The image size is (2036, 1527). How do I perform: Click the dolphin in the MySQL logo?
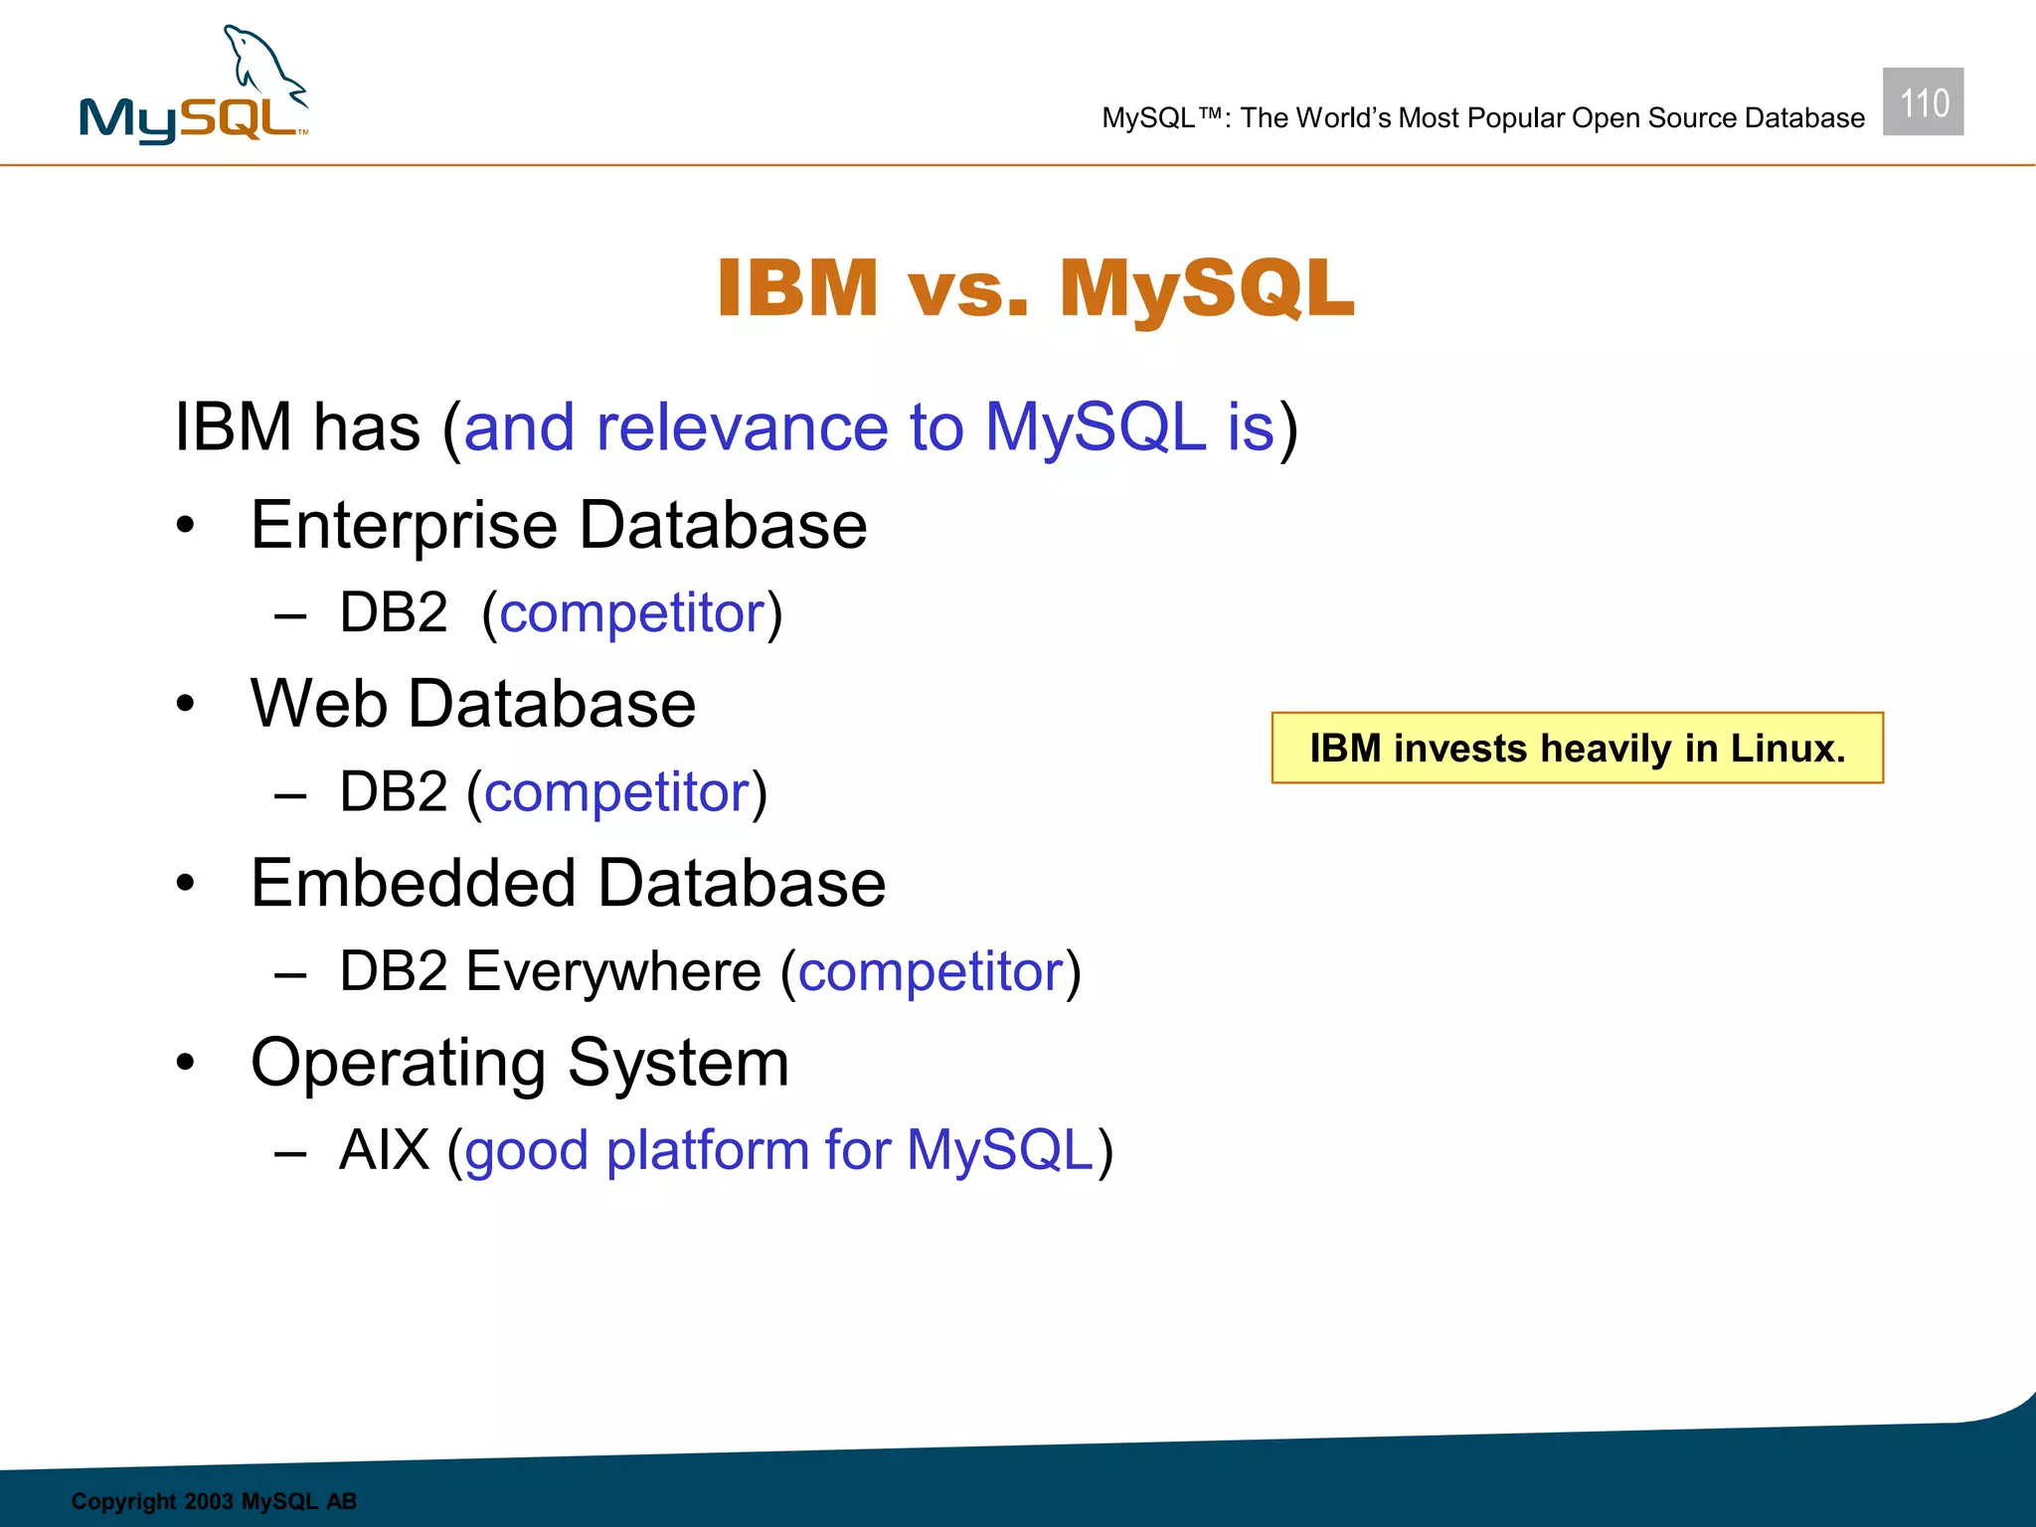tap(260, 64)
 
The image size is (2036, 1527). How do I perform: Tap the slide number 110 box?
tap(1923, 102)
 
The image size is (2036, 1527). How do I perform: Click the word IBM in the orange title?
tap(797, 288)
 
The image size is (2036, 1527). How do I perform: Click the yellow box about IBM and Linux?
tap(1577, 748)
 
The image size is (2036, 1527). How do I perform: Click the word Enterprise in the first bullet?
tap(403, 527)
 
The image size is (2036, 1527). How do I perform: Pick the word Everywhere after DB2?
tap(613, 972)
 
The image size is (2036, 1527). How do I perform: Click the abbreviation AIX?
tap(384, 1150)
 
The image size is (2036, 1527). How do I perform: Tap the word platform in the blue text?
tap(707, 1152)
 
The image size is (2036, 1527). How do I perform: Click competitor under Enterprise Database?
tap(632, 614)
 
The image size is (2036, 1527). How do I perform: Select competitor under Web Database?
tap(616, 793)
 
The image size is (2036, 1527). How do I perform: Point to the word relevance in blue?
tap(741, 427)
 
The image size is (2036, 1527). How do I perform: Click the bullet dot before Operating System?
tap(186, 1063)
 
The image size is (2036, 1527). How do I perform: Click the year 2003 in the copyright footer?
tap(209, 1501)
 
